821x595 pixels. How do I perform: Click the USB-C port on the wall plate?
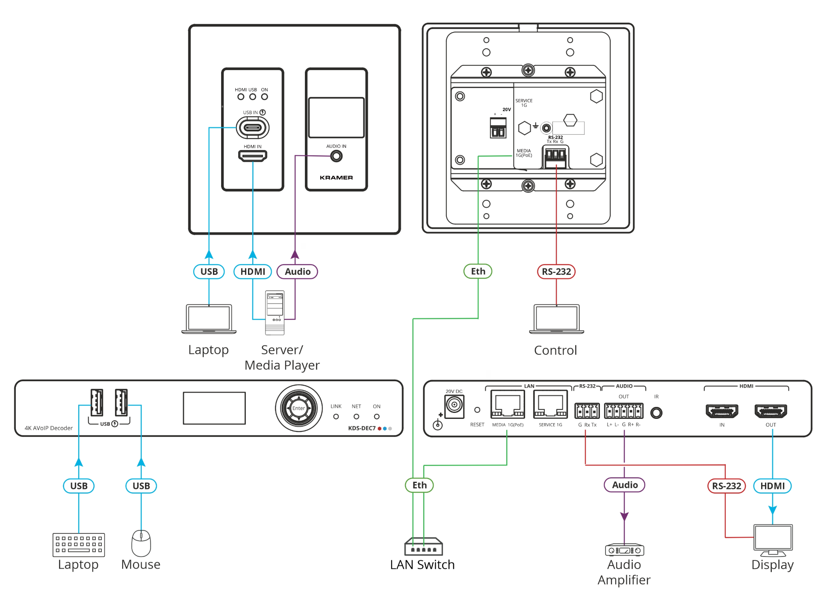click(x=253, y=127)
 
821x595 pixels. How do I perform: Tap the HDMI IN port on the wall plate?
click(x=253, y=156)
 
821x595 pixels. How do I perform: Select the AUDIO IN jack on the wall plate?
click(x=337, y=156)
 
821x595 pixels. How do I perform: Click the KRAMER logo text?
click(x=337, y=177)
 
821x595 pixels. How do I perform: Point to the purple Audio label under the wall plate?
click(x=297, y=271)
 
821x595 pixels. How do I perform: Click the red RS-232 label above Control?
click(x=556, y=271)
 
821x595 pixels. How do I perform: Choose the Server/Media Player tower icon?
click(x=275, y=312)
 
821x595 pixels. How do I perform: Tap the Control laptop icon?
click(x=556, y=319)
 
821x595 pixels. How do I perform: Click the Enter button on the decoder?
click(x=298, y=408)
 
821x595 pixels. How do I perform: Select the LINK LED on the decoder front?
click(x=336, y=416)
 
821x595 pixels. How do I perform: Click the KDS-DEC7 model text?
click(x=362, y=428)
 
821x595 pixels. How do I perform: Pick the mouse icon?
click(x=141, y=543)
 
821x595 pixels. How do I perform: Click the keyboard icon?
click(x=79, y=545)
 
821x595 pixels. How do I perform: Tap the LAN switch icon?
click(x=423, y=546)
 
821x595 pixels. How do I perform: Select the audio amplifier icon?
click(x=624, y=550)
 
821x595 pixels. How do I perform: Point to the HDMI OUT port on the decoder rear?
click(x=771, y=411)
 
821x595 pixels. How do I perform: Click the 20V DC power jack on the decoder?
click(x=454, y=404)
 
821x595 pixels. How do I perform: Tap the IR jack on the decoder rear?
click(x=656, y=412)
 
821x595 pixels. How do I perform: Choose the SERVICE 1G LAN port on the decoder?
click(x=550, y=404)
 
